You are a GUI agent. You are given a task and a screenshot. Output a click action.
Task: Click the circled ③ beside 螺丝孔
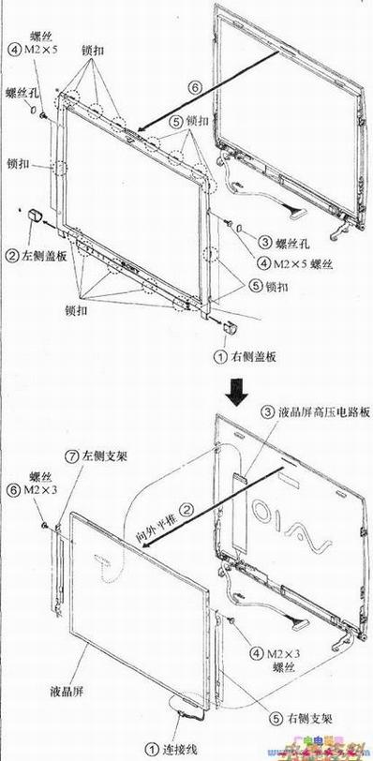pos(265,241)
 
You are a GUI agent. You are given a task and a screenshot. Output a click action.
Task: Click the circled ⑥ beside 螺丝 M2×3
pos(14,490)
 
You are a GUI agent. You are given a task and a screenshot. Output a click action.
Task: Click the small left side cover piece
pos(38,215)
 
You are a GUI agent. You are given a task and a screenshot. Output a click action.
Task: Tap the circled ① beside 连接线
pos(150,749)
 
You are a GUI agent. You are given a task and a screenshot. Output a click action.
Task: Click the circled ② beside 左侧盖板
pos(12,254)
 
